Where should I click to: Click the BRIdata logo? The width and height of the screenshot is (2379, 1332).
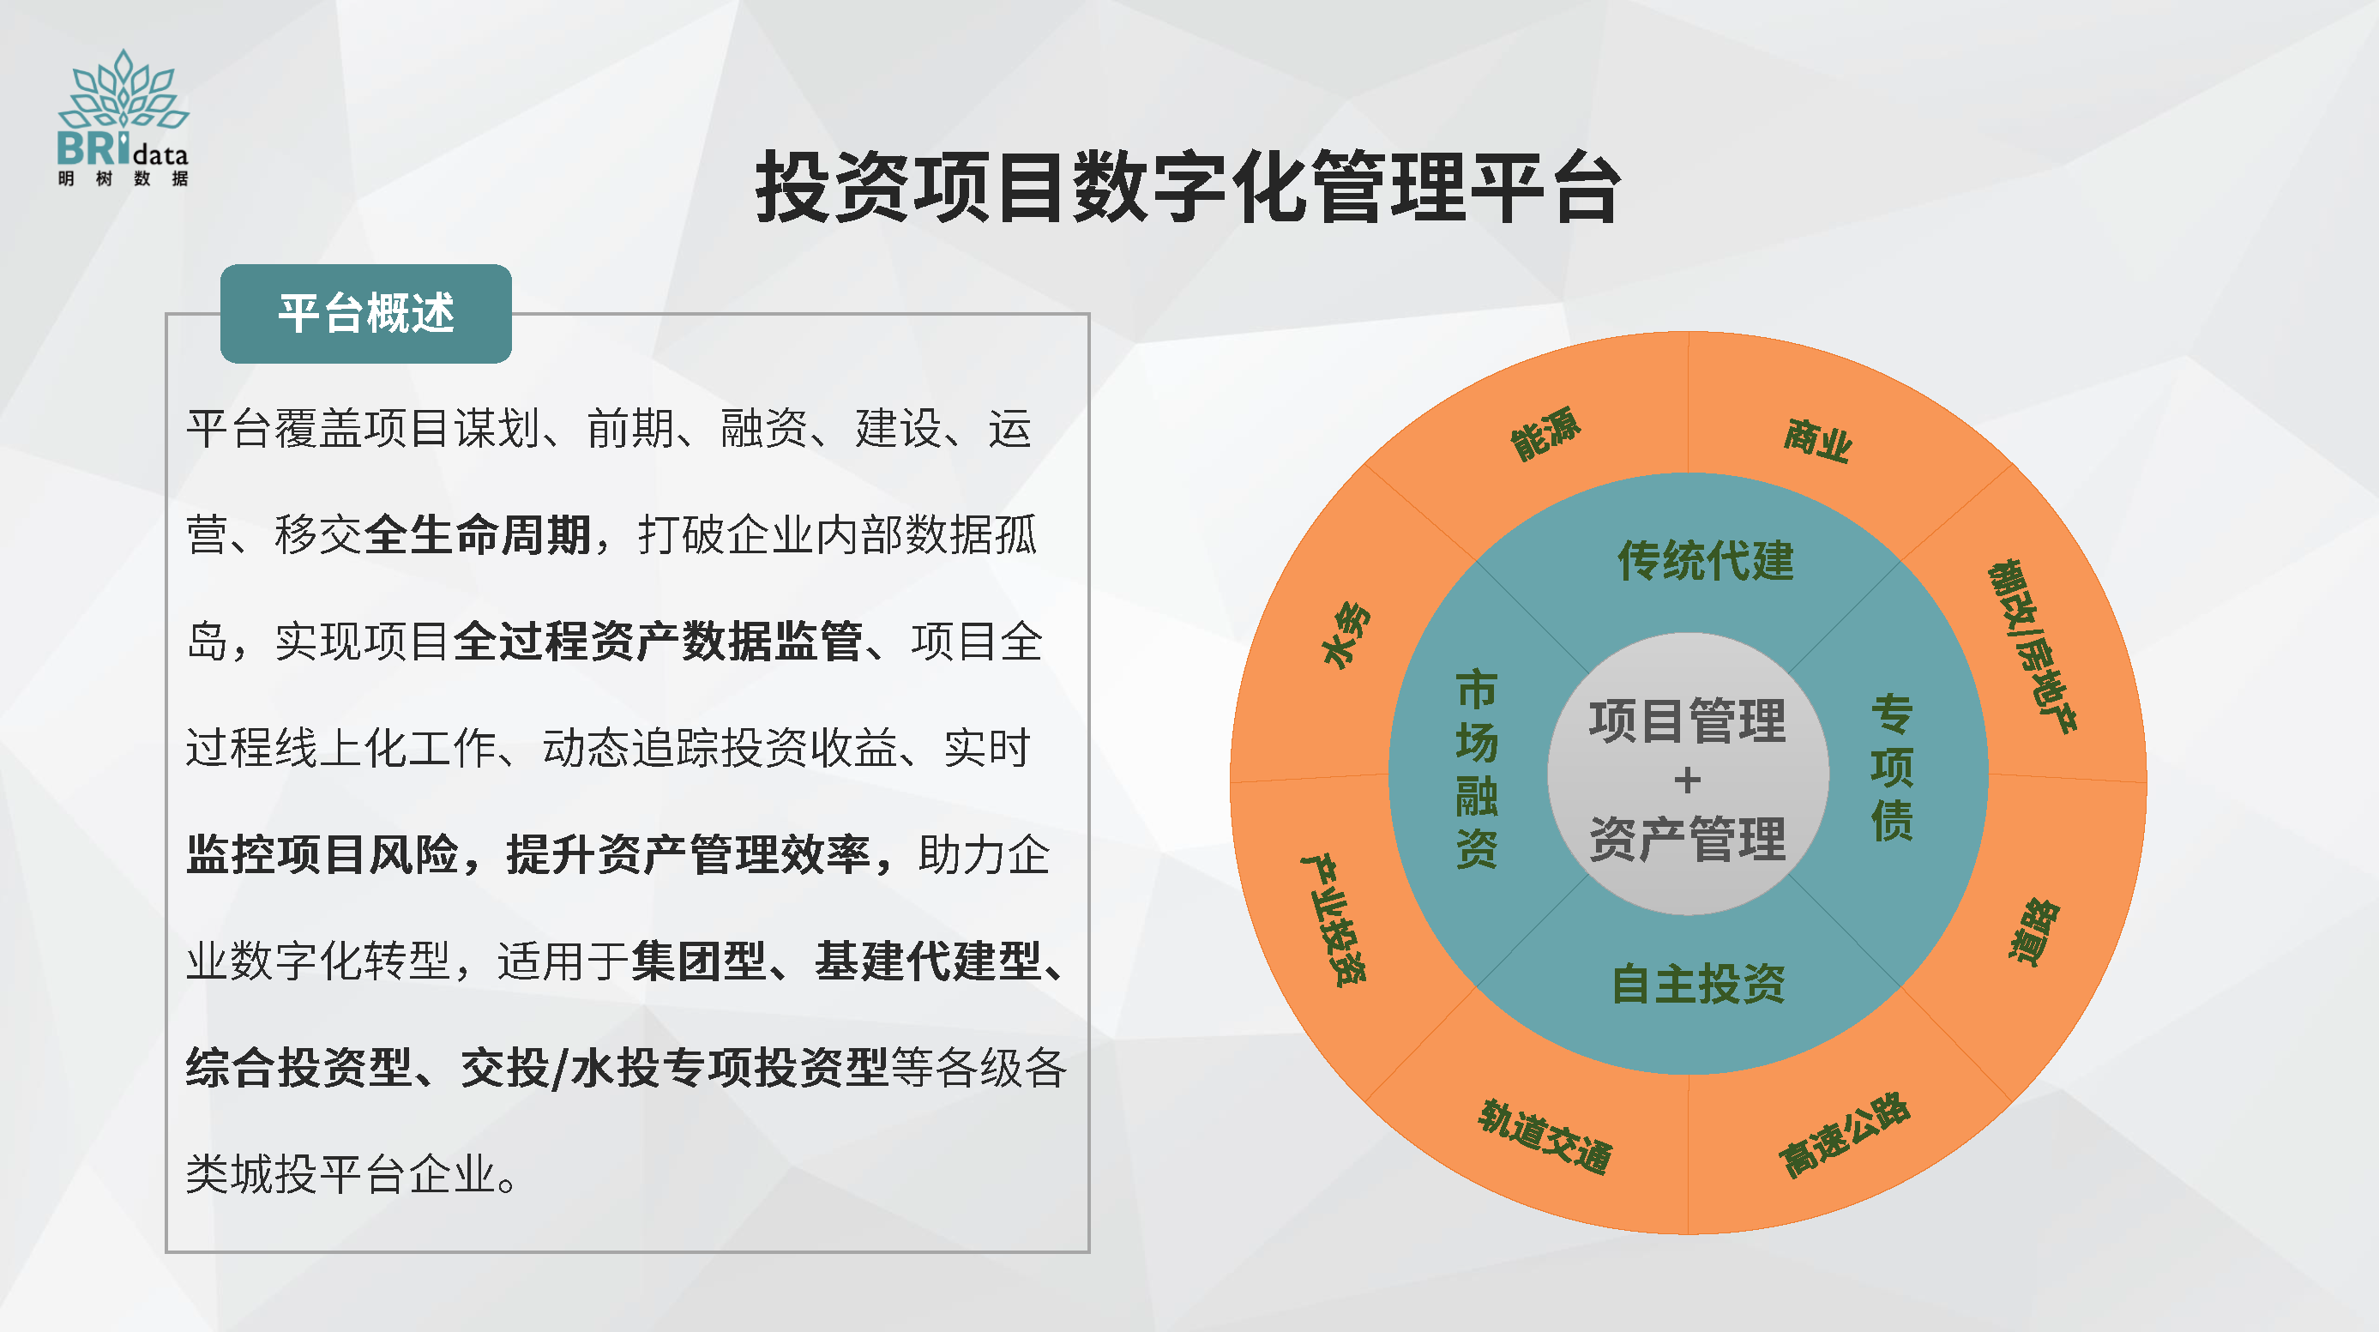123,118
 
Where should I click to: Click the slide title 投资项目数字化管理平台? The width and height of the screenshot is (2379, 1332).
1188,187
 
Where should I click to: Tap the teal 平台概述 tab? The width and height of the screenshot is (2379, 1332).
365,313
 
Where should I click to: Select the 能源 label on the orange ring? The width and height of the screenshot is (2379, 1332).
1545,433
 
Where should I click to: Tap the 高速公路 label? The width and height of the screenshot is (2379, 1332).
1844,1136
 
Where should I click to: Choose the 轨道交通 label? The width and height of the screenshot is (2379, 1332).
1545,1137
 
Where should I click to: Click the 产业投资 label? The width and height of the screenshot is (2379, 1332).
1334,919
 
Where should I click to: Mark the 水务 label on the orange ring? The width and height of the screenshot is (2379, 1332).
1347,635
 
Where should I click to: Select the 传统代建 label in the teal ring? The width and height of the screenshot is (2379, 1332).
1706,561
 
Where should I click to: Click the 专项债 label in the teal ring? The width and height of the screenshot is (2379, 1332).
1892,768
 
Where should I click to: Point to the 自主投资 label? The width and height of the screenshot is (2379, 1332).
1698,984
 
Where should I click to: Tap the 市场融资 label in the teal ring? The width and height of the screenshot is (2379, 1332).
1476,768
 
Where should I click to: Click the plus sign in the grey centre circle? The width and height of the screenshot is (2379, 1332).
1687,781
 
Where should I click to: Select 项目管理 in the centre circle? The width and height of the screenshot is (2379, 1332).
1687,720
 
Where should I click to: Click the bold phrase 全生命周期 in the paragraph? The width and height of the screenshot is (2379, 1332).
478,535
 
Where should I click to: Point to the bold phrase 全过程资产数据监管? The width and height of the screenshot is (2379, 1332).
658,641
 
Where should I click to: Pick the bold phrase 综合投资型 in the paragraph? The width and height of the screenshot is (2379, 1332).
298,1068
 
